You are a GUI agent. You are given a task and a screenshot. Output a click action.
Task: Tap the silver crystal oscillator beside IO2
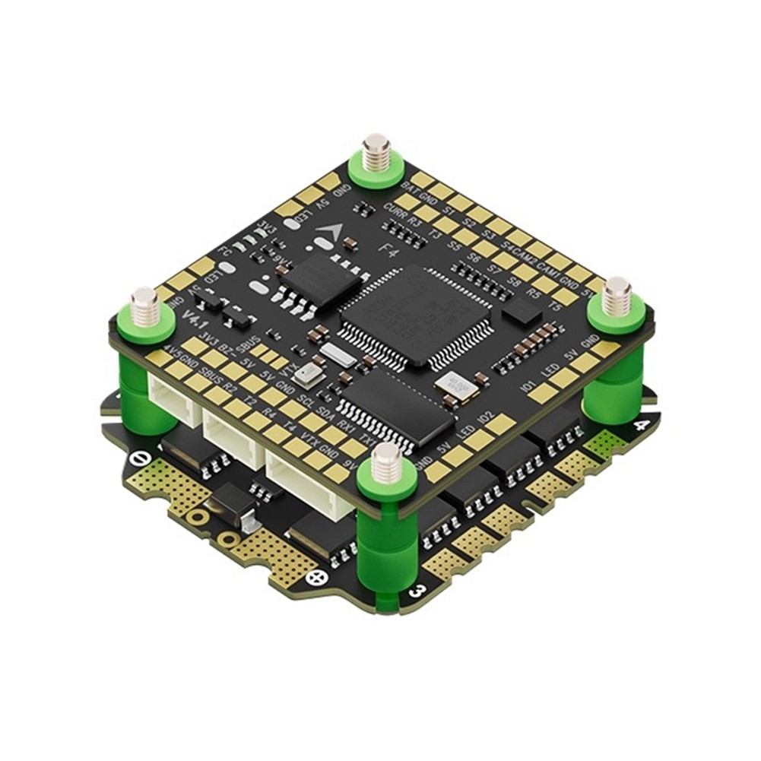(461, 388)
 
